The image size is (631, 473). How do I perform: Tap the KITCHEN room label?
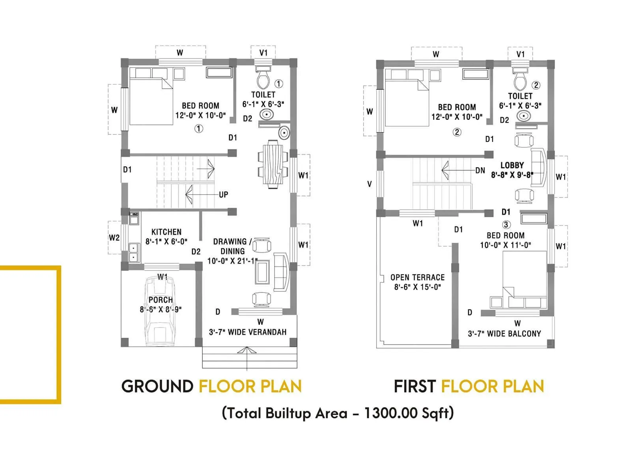pos(166,232)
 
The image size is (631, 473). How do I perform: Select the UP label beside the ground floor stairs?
pos(223,195)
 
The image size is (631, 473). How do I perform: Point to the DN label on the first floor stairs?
pos(480,171)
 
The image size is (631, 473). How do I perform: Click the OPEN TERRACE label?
pos(417,277)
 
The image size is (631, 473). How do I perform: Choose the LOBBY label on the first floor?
pos(512,166)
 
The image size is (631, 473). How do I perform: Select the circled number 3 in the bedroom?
pos(506,225)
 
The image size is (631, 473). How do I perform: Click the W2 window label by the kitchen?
pos(114,238)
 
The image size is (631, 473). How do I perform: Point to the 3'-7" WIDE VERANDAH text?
pos(248,332)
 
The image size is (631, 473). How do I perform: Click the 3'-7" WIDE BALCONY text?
pos(504,334)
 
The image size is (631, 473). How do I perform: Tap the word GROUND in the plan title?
pos(157,386)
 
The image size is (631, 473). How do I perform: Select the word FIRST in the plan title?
pos(414,386)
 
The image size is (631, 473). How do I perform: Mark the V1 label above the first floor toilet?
pos(521,54)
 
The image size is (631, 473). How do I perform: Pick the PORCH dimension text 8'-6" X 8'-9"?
pos(161,309)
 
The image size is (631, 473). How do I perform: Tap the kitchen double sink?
pos(134,252)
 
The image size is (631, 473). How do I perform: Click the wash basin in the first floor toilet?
pos(523,116)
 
